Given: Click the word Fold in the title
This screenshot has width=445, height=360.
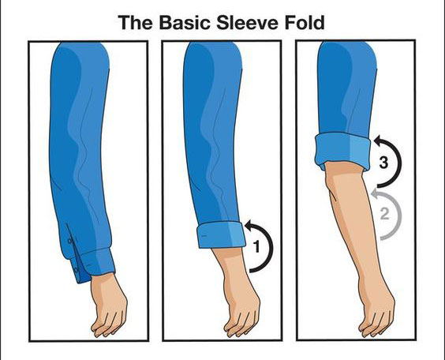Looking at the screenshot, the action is coord(305,22).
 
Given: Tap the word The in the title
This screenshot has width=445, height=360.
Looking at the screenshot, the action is coord(135,22).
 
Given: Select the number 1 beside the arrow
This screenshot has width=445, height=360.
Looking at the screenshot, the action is coord(256,246).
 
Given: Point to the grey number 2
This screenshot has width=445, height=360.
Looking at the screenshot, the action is coord(384,214).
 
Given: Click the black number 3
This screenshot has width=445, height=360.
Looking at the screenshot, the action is coord(383,163).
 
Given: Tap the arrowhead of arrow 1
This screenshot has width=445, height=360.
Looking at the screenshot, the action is coord(249,224).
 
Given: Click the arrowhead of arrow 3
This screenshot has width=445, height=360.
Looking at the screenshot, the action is coord(378,140).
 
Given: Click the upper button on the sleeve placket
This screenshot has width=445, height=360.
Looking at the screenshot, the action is coord(69,241).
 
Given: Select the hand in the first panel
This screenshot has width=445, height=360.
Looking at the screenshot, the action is coord(109,306).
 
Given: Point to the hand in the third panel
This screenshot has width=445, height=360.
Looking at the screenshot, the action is coord(376,313).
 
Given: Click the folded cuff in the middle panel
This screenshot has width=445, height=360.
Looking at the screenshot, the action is coord(222,235).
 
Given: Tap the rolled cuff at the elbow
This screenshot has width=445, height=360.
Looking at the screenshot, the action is coord(343,151).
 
